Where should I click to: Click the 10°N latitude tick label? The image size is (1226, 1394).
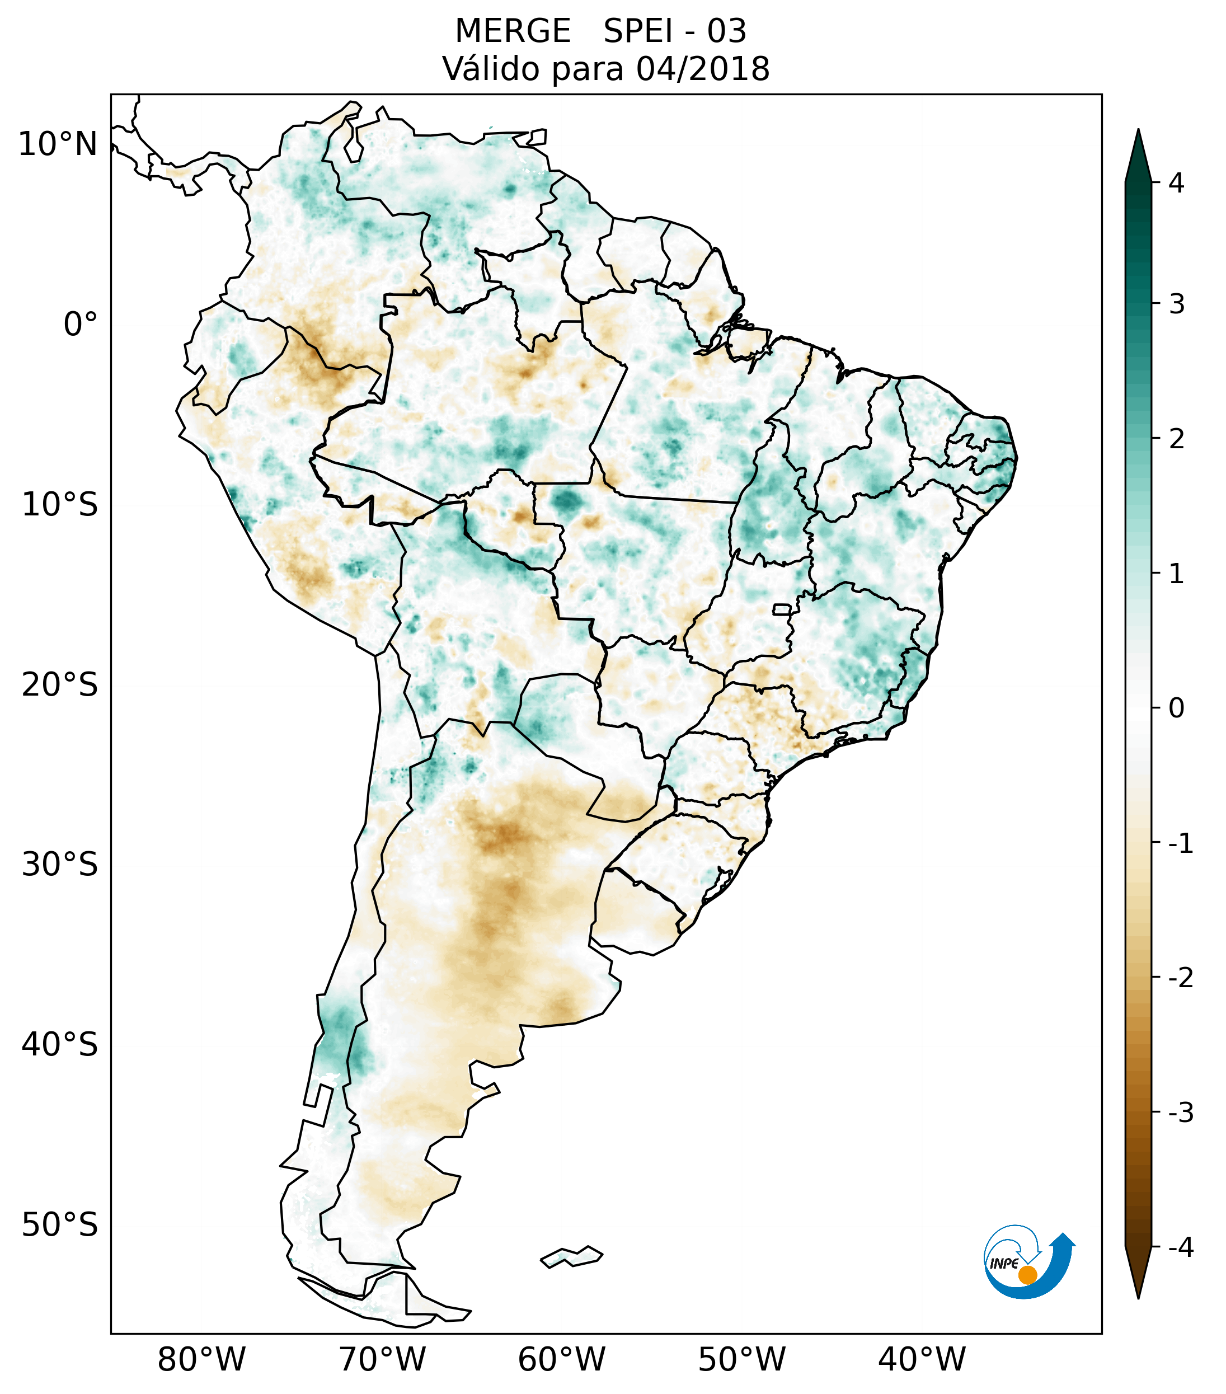[x=57, y=144]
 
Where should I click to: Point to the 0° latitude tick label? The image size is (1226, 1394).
[x=81, y=325]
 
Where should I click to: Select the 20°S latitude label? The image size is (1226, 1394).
[x=60, y=685]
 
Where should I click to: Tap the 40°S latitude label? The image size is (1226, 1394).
[x=60, y=1045]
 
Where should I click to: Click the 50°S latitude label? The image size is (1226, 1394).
[x=60, y=1226]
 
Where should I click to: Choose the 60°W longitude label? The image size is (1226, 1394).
[x=561, y=1359]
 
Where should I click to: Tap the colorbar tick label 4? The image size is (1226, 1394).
[x=1176, y=183]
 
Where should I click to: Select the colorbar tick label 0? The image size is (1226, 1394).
[x=1176, y=708]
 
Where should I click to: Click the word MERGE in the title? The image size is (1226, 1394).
[x=513, y=31]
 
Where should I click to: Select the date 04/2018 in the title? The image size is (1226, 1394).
[x=703, y=69]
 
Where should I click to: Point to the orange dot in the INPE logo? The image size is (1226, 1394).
[x=1027, y=1275]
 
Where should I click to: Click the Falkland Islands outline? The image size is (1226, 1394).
[x=571, y=1256]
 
